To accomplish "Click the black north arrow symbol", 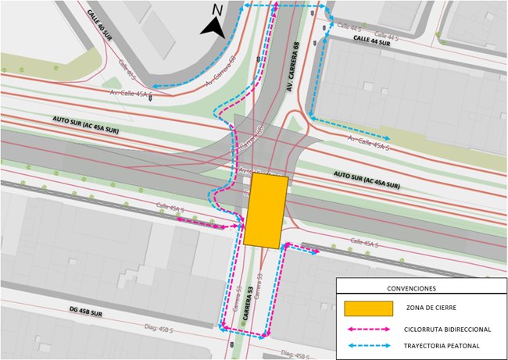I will [x=212, y=27].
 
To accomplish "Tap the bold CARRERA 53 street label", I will [x=250, y=300].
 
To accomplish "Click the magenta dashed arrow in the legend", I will [x=369, y=328].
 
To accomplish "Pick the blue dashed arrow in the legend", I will [x=369, y=345].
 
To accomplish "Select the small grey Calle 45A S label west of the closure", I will [x=169, y=209].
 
